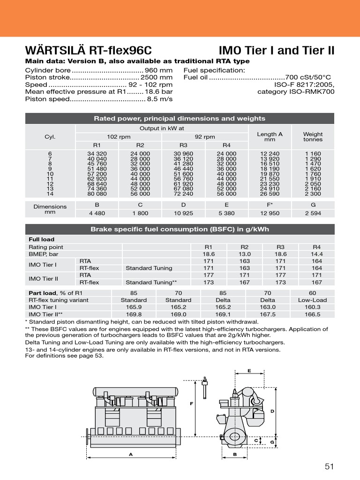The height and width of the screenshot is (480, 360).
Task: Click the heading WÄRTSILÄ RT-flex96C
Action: (88, 51)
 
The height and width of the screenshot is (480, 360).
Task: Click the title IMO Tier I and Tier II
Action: (277, 51)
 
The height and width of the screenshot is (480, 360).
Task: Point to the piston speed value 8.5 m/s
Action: (160, 99)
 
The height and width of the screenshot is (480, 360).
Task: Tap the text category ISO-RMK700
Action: (296, 92)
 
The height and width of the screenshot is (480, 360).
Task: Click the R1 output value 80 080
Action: (97, 194)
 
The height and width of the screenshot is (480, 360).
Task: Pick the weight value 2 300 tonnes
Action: (313, 194)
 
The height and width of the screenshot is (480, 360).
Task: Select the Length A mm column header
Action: (270, 136)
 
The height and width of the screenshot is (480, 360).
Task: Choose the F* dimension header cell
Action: (270, 205)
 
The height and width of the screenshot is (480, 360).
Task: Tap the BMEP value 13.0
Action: (245, 254)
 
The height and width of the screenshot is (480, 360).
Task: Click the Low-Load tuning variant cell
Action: (312, 300)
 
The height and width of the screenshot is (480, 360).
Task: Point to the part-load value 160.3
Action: (312, 307)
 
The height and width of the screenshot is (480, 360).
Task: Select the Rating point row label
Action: (46, 247)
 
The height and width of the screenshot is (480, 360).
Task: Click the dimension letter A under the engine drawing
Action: (130, 454)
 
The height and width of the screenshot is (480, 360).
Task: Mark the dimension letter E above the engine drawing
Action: (249, 371)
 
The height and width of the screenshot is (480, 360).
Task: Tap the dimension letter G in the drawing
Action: (272, 442)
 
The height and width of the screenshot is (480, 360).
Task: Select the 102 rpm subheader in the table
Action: (119, 137)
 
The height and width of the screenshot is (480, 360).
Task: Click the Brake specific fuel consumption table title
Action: (180, 229)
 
